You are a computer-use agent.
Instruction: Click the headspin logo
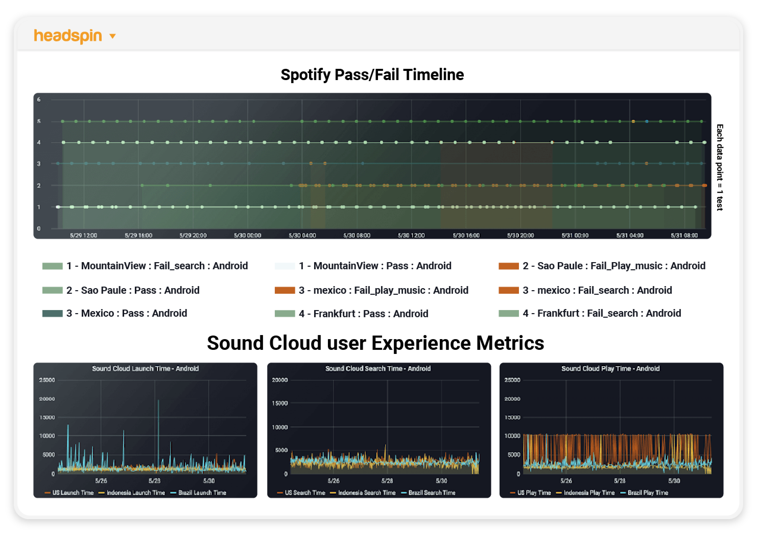point(68,36)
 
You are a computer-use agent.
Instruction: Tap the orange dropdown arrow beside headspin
point(113,36)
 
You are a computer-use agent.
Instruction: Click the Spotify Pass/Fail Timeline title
point(372,75)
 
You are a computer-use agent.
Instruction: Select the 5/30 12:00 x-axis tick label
point(411,235)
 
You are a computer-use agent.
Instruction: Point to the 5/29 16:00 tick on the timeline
point(138,235)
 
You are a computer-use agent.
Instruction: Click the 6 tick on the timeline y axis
point(39,99)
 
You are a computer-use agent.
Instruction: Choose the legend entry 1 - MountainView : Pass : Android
point(375,266)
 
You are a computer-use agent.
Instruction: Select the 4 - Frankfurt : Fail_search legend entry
point(601,313)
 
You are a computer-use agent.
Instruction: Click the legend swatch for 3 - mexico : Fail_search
point(508,290)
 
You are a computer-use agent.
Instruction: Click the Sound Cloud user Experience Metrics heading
point(375,343)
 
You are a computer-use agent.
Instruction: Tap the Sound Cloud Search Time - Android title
point(378,368)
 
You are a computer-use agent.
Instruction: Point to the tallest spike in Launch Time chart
point(158,401)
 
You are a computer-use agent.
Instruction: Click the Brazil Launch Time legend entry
point(202,493)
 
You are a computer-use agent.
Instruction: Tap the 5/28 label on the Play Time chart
point(620,481)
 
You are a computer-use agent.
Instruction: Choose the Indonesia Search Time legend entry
point(366,493)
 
